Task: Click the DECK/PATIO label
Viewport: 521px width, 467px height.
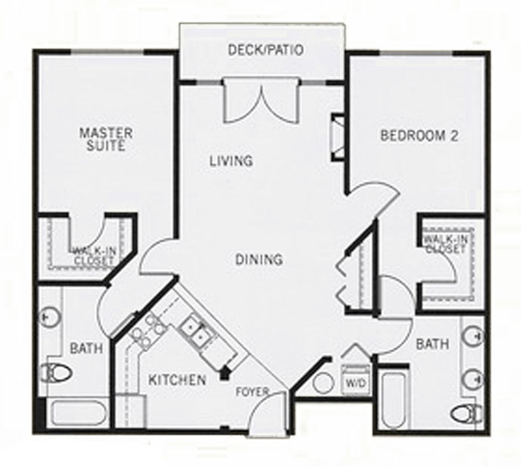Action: (x=266, y=51)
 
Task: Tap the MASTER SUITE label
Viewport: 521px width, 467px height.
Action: (x=106, y=139)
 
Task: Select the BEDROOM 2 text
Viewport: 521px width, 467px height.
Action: (x=419, y=137)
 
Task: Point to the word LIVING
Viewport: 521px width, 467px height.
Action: (x=231, y=161)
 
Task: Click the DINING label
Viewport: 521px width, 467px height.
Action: (x=259, y=259)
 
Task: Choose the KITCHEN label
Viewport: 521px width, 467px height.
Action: (x=177, y=380)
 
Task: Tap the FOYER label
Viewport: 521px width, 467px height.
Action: (x=252, y=391)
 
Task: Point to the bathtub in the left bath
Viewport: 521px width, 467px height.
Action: (x=78, y=413)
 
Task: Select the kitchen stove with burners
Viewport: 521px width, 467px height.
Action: (x=146, y=330)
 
